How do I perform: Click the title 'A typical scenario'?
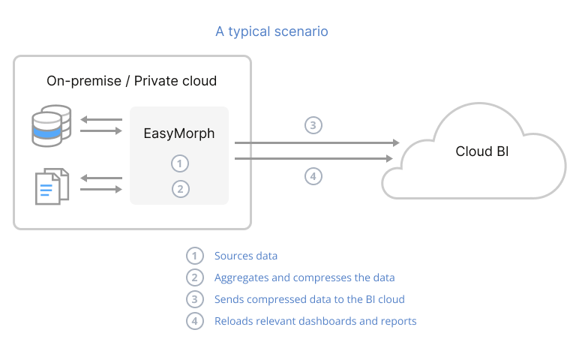[x=271, y=31]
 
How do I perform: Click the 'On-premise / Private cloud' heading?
[x=131, y=81]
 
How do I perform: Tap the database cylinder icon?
[x=51, y=124]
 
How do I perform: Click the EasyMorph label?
[x=179, y=133]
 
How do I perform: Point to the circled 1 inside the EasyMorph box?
[x=179, y=163]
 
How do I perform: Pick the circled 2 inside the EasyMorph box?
[x=179, y=188]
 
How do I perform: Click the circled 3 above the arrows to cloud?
[x=313, y=124]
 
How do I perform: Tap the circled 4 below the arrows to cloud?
[x=313, y=176]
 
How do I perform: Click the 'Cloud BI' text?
[x=481, y=151]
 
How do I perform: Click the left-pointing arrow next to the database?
[x=100, y=118]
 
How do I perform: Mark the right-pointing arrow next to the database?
[x=100, y=130]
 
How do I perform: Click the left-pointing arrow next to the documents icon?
[x=100, y=178]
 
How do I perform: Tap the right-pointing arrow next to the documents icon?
[x=100, y=189]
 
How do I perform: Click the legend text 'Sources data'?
[x=246, y=256]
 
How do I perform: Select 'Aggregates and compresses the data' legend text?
[x=304, y=277]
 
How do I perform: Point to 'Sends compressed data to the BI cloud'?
[x=309, y=299]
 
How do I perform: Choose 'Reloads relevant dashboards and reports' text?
[x=315, y=321]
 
